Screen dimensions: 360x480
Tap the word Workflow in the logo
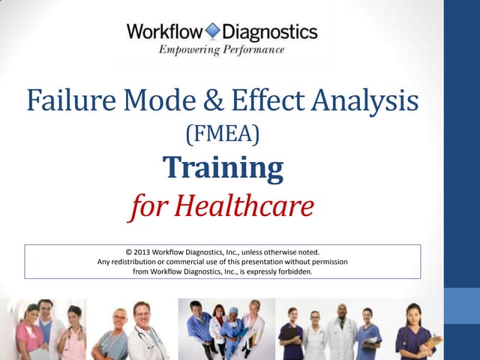pyautogui.click(x=164, y=31)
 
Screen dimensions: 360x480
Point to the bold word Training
pyautogui.click(x=223, y=168)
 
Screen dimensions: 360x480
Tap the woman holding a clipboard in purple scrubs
pyautogui.click(x=416, y=334)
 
